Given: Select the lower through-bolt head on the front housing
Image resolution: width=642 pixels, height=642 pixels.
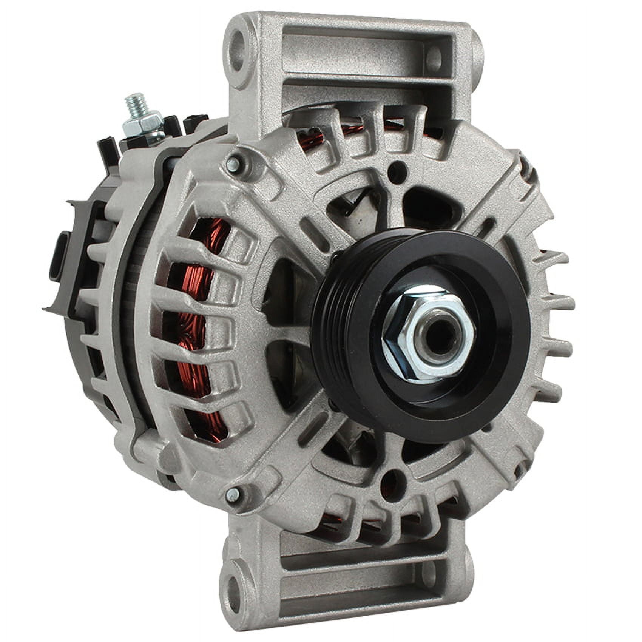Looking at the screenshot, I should (x=232, y=495).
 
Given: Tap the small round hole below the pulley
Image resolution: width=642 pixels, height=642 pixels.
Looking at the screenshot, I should (x=393, y=481).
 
